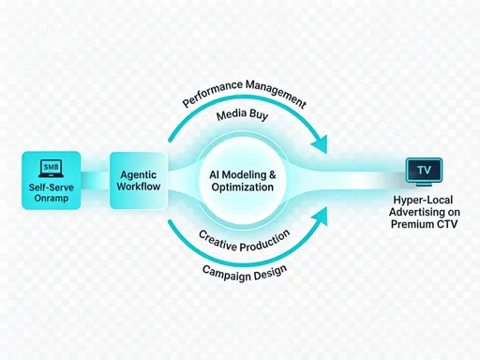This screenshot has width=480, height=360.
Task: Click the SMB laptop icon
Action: [x=50, y=169]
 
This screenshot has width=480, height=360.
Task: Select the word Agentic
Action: [x=137, y=173]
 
